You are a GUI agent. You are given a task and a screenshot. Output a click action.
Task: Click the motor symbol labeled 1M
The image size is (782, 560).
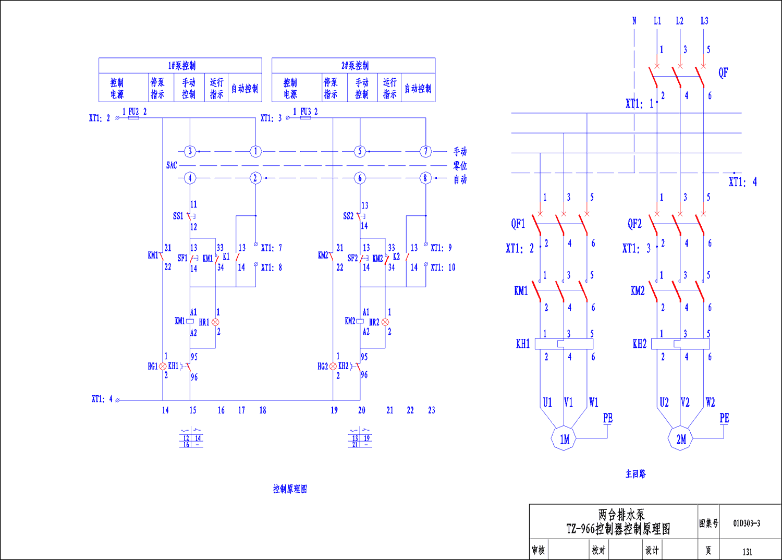pyautogui.click(x=564, y=439)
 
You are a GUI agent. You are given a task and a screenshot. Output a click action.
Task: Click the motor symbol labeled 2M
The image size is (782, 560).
pyautogui.click(x=681, y=439)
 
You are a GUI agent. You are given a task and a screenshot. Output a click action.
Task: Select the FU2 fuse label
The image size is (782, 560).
pyautogui.click(x=133, y=112)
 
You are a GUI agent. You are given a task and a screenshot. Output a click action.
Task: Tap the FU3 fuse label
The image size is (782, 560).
pyautogui.click(x=306, y=112)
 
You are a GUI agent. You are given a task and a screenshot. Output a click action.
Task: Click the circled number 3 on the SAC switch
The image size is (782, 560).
pyautogui.click(x=190, y=152)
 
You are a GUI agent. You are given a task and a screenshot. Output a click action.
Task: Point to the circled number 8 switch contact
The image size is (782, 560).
pyautogui.click(x=425, y=178)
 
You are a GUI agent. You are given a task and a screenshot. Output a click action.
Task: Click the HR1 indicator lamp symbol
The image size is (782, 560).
pyautogui.click(x=215, y=322)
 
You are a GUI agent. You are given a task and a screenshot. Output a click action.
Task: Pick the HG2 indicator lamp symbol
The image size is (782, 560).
pyautogui.click(x=333, y=367)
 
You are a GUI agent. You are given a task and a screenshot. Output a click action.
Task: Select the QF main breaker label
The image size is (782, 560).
pyautogui.click(x=723, y=73)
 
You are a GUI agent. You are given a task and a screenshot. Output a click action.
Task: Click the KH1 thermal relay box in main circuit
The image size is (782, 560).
pyautogui.click(x=564, y=344)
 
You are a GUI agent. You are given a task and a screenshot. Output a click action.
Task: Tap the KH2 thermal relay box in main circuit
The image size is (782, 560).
pyautogui.click(x=681, y=344)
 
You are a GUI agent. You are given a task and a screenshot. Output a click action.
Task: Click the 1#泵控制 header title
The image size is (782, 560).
pyautogui.click(x=181, y=66)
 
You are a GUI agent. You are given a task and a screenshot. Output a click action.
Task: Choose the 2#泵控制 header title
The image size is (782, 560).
pyautogui.click(x=355, y=66)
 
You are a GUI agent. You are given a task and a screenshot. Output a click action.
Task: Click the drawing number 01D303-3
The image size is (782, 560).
pyautogui.click(x=747, y=524)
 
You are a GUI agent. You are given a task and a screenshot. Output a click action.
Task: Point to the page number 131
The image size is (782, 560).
pyautogui.click(x=747, y=552)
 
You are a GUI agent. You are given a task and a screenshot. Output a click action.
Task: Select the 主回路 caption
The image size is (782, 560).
pyautogui.click(x=636, y=474)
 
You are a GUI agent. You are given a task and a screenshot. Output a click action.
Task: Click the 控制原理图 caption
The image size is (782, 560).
pyautogui.click(x=290, y=489)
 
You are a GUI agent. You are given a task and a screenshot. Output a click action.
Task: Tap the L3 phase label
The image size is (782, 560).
pyautogui.click(x=704, y=21)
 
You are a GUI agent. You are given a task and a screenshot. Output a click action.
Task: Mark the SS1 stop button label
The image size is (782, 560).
pyautogui.click(x=178, y=216)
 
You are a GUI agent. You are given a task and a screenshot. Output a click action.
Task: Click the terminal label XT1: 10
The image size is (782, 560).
pyautogui.click(x=443, y=267)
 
